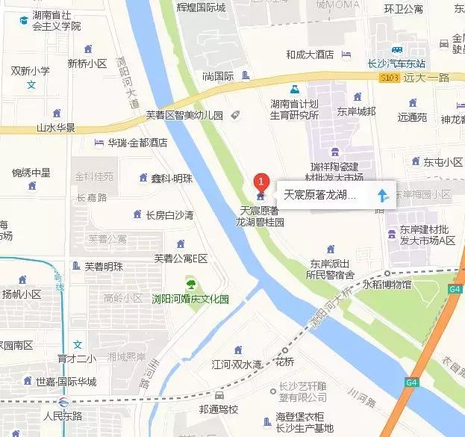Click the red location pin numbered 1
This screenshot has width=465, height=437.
click(260, 181)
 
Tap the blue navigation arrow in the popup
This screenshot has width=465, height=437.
click(382, 196)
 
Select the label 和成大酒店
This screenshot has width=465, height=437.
click(309, 55)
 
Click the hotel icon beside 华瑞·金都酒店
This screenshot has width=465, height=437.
click(99, 143)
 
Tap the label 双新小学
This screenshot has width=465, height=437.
click(31, 71)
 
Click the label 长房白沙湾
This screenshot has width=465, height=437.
click(169, 215)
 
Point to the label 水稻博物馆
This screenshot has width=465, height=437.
click(387, 285)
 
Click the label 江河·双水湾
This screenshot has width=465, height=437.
click(237, 365)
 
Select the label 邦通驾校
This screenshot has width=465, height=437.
click(219, 410)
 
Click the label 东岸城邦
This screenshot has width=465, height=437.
click(356, 111)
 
